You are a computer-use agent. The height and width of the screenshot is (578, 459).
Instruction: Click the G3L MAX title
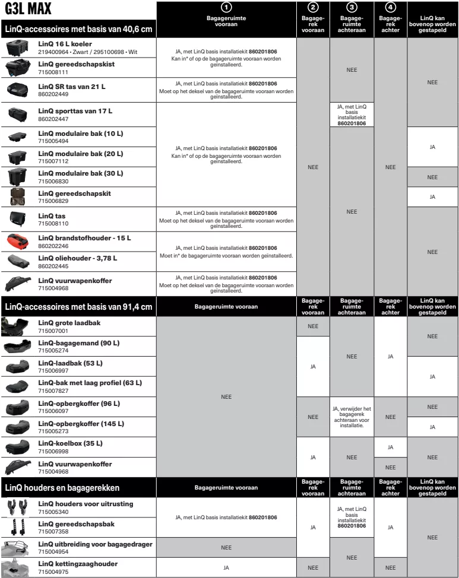[27, 10]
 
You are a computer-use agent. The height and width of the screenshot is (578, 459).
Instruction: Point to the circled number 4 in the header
[390, 7]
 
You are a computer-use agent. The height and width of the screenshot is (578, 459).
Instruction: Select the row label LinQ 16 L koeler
[65, 44]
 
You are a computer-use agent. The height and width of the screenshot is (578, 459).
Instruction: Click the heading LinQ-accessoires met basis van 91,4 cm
[78, 306]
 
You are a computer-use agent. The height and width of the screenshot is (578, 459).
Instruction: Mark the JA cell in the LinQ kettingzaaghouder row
[226, 568]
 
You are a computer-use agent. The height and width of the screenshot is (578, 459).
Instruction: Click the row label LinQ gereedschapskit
[74, 193]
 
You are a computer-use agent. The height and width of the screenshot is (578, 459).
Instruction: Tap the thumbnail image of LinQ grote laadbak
[15, 326]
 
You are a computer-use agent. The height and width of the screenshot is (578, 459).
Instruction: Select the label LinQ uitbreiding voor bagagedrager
[96, 544]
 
